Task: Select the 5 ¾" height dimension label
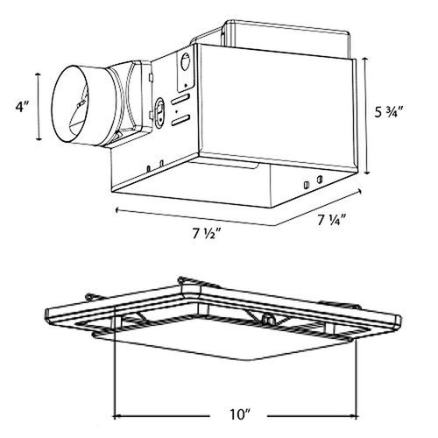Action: pos(387,114)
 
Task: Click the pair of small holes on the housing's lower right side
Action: pos(311,185)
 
